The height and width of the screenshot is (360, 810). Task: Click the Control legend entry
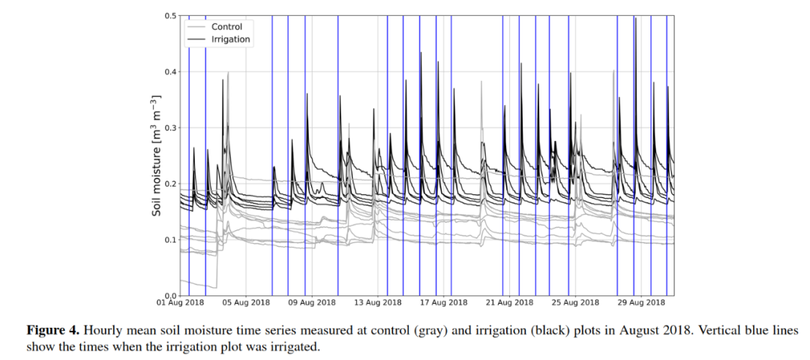pos(226,27)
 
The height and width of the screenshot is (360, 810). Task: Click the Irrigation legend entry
pos(230,39)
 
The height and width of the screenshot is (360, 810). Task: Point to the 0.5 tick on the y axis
pos(172,16)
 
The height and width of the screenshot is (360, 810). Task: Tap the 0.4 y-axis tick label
pos(172,72)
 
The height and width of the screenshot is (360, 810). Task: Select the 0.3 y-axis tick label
pos(172,128)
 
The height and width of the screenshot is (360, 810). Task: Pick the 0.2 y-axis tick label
pos(172,184)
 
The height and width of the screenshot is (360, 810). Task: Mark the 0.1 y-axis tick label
pos(172,240)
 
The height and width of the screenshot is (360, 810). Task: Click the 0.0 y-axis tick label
pos(172,295)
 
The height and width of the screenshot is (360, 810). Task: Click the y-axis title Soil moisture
pos(157,156)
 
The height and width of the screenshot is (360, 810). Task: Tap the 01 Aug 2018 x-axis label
pos(181,303)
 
